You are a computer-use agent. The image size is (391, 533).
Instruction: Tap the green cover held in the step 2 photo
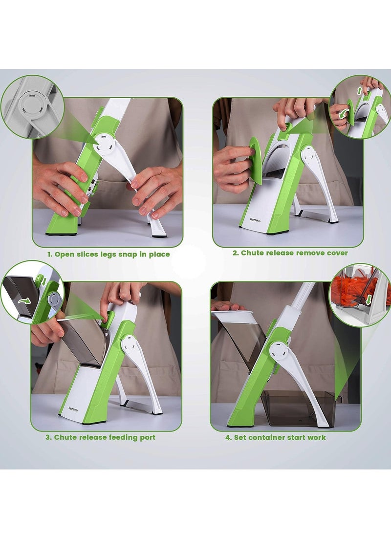click(x=255, y=159)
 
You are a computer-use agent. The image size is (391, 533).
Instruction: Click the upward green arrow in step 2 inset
click(x=360, y=91)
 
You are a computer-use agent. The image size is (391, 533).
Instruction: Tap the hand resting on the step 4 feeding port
click(x=227, y=306)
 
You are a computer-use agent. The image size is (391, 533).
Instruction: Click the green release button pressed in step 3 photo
click(x=109, y=320)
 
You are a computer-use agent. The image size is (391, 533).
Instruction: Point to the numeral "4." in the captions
click(x=228, y=437)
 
